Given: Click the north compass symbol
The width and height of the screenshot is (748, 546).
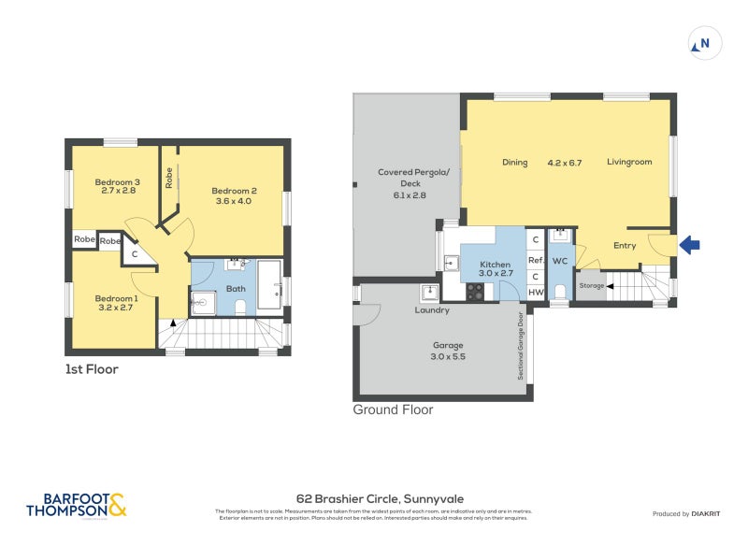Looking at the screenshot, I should pyautogui.click(x=704, y=43).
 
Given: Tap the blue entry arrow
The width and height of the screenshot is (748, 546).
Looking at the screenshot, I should pyautogui.click(x=688, y=245).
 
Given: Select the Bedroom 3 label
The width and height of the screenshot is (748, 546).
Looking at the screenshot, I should pyautogui.click(x=118, y=182).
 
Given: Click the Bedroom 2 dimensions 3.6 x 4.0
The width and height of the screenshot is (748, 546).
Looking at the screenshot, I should pyautogui.click(x=234, y=201).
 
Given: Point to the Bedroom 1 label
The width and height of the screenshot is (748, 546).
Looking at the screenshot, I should pyautogui.click(x=117, y=299).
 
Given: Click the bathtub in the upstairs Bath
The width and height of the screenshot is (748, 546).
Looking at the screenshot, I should pyautogui.click(x=268, y=284).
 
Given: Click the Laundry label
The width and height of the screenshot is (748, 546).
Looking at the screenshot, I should pyautogui.click(x=433, y=310).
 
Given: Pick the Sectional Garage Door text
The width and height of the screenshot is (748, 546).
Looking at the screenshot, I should pyautogui.click(x=521, y=346).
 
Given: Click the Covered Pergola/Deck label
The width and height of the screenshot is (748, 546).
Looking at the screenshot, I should pyautogui.click(x=413, y=178).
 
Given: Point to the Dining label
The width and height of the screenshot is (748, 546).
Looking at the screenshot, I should pyautogui.click(x=515, y=163).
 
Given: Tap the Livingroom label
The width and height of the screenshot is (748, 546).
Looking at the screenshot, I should pyautogui.click(x=628, y=163).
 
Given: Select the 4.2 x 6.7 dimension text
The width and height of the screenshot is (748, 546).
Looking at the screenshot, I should pyautogui.click(x=565, y=163).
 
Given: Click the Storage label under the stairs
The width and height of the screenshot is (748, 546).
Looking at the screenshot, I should pyautogui.click(x=591, y=286).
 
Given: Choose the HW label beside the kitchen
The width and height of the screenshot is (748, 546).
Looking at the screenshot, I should pyautogui.click(x=535, y=293).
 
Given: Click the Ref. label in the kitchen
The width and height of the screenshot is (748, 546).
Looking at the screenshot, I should pyautogui.click(x=536, y=261).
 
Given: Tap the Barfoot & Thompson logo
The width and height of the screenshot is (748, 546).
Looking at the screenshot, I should pyautogui.click(x=76, y=505).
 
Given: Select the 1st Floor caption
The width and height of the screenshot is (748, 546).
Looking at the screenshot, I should pyautogui.click(x=91, y=369).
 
